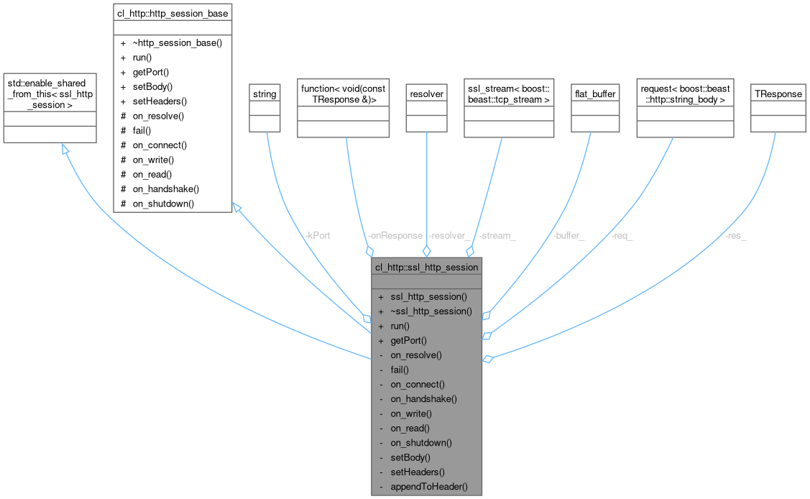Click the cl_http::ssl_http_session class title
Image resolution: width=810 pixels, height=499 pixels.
(x=426, y=267)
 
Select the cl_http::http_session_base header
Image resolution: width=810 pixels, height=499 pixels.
(x=172, y=13)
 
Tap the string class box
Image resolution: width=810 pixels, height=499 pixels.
(x=264, y=94)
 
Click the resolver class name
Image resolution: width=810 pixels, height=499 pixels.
(x=426, y=94)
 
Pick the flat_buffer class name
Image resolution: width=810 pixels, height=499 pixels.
(x=595, y=94)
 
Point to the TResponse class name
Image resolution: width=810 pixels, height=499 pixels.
(x=778, y=94)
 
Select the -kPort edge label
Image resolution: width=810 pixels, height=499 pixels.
(x=316, y=235)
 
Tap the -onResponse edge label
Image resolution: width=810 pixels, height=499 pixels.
(x=395, y=235)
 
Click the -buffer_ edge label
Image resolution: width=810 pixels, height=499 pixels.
(x=569, y=235)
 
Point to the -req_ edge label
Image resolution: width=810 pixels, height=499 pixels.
(x=622, y=235)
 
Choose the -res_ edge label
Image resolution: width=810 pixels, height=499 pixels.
(x=736, y=235)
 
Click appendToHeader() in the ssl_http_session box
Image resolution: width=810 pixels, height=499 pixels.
(x=429, y=487)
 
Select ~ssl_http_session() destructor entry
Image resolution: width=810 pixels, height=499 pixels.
(x=431, y=311)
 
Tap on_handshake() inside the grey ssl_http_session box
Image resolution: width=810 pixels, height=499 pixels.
(x=423, y=398)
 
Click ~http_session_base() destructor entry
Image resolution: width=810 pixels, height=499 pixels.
(x=177, y=42)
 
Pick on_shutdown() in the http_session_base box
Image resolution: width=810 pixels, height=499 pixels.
(x=163, y=203)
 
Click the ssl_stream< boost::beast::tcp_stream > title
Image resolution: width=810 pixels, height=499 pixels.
(x=509, y=94)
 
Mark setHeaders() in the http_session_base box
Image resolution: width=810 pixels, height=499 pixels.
(x=160, y=101)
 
